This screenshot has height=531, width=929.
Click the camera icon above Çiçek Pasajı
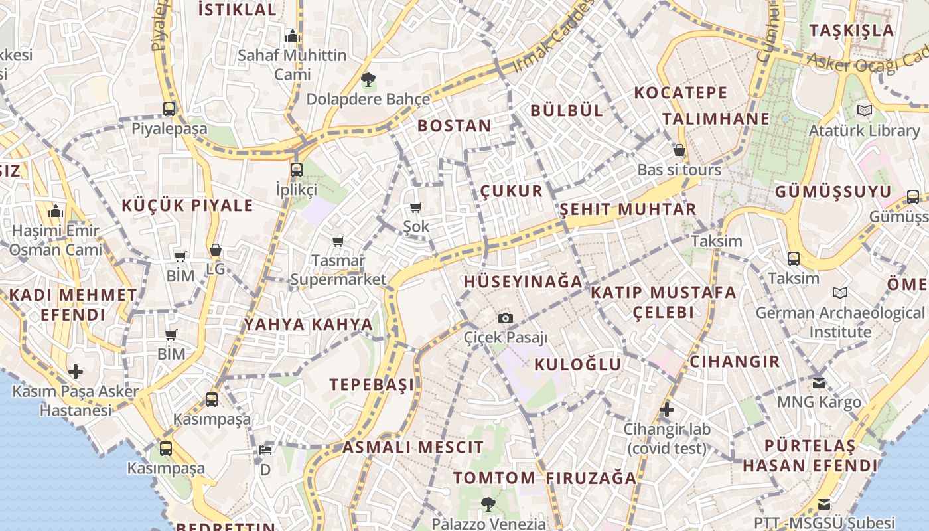tap(506, 318)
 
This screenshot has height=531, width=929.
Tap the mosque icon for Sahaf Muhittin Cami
tap(292, 37)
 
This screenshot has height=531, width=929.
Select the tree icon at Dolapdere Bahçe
tap(368, 80)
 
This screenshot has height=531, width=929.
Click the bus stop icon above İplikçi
tap(297, 169)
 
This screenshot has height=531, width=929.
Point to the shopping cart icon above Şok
tap(416, 207)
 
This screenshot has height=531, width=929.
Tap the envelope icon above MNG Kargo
tap(819, 382)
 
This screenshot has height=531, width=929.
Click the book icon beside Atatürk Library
tap(864, 110)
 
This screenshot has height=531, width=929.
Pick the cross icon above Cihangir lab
tap(667, 410)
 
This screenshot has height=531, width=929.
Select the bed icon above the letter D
tap(265, 449)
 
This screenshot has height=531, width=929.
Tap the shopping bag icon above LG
tap(215, 250)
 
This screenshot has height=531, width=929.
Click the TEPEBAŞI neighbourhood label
tap(372, 385)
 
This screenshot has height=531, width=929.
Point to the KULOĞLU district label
tap(578, 364)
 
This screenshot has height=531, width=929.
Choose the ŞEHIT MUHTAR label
tap(628, 210)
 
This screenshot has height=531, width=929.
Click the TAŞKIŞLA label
tap(852, 30)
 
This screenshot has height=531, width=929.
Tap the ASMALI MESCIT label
tap(413, 447)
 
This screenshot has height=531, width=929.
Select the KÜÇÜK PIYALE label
tap(187, 205)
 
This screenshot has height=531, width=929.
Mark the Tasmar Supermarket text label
tap(338, 270)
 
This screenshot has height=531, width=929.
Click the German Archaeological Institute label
tap(839, 322)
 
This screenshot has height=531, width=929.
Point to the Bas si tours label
tap(679, 170)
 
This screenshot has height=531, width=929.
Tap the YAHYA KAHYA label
tap(308, 325)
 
